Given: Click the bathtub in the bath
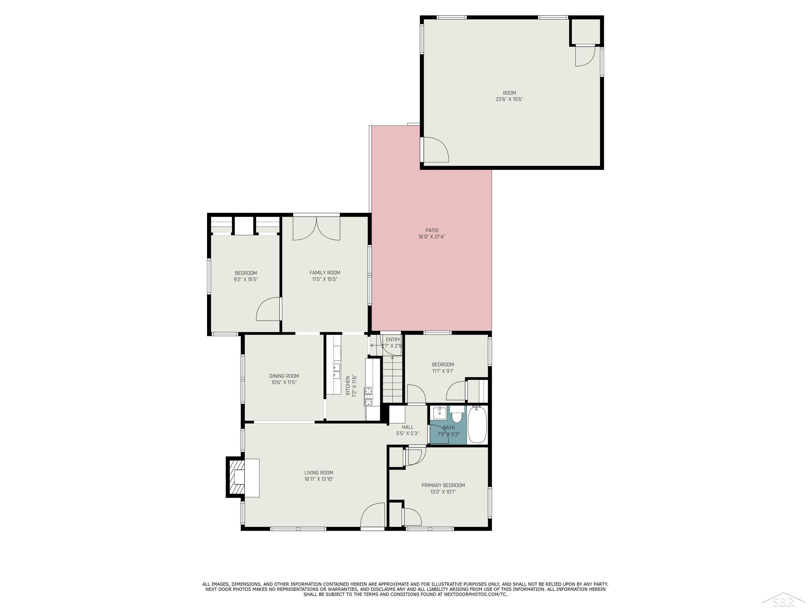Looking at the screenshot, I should click(x=477, y=425).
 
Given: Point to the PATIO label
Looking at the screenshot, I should click(x=432, y=230).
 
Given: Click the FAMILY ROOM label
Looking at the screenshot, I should click(x=325, y=273).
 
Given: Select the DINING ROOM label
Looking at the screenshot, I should click(x=284, y=376).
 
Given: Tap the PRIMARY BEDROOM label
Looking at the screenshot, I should click(x=443, y=485).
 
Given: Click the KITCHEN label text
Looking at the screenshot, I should click(x=348, y=385).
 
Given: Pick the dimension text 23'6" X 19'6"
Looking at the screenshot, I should click(x=509, y=99).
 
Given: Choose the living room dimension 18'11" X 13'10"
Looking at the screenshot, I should click(x=319, y=479).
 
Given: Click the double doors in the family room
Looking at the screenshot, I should click(x=317, y=229).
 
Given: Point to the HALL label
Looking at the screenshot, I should click(x=407, y=427).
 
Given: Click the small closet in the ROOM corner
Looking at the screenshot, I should click(x=585, y=31).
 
